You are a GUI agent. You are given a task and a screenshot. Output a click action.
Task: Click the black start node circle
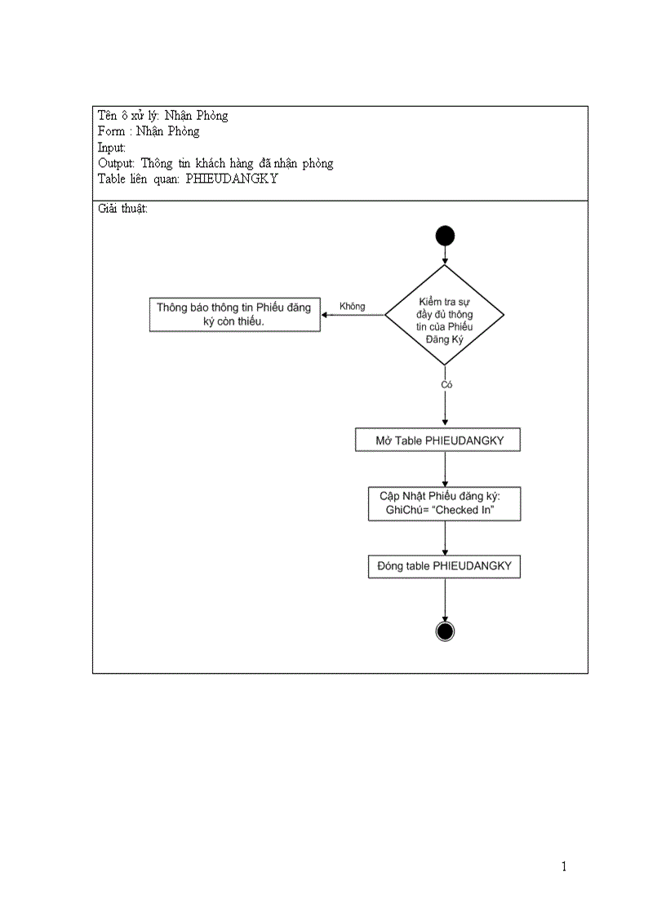pos(445,237)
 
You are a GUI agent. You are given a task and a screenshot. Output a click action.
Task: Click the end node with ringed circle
pos(445,631)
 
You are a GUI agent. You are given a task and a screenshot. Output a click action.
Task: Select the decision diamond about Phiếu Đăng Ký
pos(445,315)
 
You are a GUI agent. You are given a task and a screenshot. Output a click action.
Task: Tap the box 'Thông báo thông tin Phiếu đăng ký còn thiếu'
pos(234,315)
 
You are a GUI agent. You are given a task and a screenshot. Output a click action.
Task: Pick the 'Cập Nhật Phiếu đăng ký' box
pos(445,503)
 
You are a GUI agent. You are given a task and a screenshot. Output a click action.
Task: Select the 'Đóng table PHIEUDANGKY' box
pos(445,565)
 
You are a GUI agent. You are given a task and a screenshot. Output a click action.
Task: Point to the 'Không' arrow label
pos(352,307)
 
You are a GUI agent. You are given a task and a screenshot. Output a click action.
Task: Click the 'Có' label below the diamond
pos(446,383)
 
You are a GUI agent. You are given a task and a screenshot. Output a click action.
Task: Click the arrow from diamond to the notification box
pos(353,316)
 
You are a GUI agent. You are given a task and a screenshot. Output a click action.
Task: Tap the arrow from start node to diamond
pos(445,255)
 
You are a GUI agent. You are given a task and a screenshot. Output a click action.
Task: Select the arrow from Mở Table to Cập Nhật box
pos(445,468)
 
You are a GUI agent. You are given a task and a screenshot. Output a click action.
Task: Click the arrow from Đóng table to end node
pos(445,600)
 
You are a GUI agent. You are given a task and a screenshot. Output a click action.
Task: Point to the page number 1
pos(563,866)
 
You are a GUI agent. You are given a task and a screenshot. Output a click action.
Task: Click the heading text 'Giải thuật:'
pos(122,209)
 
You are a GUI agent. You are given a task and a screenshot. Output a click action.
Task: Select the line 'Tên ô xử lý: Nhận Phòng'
pos(162,115)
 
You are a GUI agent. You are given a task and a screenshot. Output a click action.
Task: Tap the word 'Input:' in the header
pos(112,147)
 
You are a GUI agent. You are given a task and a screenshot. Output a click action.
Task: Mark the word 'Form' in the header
pos(111,131)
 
